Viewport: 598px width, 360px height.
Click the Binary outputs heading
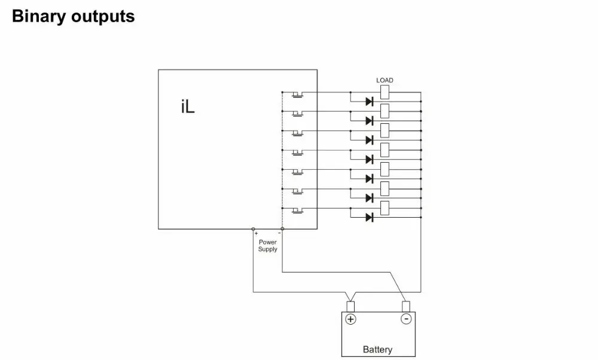[73, 17]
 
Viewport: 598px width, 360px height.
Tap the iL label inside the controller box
[188, 108]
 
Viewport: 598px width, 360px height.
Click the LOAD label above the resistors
[385, 80]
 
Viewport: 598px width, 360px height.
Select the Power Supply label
[267, 246]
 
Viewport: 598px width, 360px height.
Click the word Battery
[378, 349]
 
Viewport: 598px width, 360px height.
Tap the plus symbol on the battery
[351, 319]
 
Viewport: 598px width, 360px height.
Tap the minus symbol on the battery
[406, 319]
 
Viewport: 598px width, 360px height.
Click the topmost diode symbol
[369, 102]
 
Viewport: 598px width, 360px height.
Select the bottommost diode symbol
[369, 217]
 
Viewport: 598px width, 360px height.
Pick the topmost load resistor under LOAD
[385, 91]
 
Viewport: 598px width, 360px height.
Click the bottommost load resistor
[385, 208]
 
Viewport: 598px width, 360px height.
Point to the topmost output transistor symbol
[297, 94]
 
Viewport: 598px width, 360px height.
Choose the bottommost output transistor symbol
[297, 210]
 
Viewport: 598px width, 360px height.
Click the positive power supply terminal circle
[253, 229]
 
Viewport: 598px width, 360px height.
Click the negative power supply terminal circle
[282, 229]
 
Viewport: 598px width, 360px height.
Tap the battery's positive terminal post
[351, 307]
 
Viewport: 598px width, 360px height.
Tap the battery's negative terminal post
[406, 307]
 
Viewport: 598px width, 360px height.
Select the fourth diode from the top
[369, 160]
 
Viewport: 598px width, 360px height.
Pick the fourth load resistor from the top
[385, 150]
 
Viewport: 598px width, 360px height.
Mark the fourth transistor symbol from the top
[297, 152]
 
